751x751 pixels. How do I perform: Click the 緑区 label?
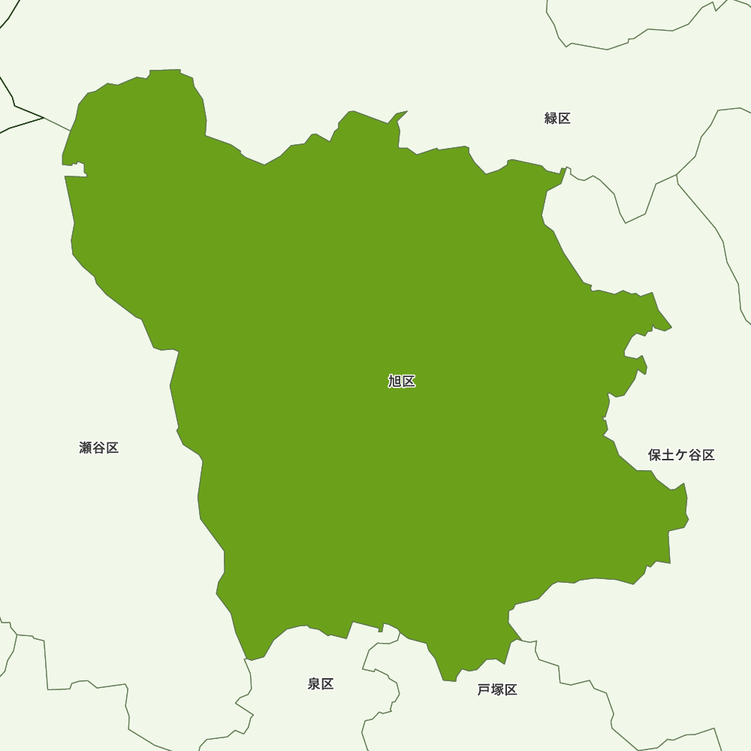pos(557,118)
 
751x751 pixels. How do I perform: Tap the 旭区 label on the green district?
pos(402,382)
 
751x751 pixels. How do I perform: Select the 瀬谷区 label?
pos(99,448)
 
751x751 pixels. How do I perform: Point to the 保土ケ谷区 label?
pos(681,455)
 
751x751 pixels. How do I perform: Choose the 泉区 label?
pos(321,684)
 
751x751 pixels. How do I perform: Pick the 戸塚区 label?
pos(497,690)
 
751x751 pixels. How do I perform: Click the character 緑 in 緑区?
pos(550,118)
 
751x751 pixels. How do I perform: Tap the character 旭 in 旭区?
pos(395,382)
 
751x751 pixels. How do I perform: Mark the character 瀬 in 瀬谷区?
pos(86,448)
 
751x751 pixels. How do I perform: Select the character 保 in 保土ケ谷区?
pos(655,455)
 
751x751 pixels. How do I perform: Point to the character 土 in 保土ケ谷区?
pos(668,455)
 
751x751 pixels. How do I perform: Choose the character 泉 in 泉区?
pos(314,684)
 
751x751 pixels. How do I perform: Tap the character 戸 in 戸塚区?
pos(484,690)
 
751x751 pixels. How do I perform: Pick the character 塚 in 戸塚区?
pos(497,690)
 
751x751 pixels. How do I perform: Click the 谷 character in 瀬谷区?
pos(99,448)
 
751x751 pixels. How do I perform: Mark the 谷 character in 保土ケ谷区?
pos(695,455)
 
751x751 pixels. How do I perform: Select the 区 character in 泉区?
pos(327,684)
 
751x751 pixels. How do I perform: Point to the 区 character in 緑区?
pos(564,118)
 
